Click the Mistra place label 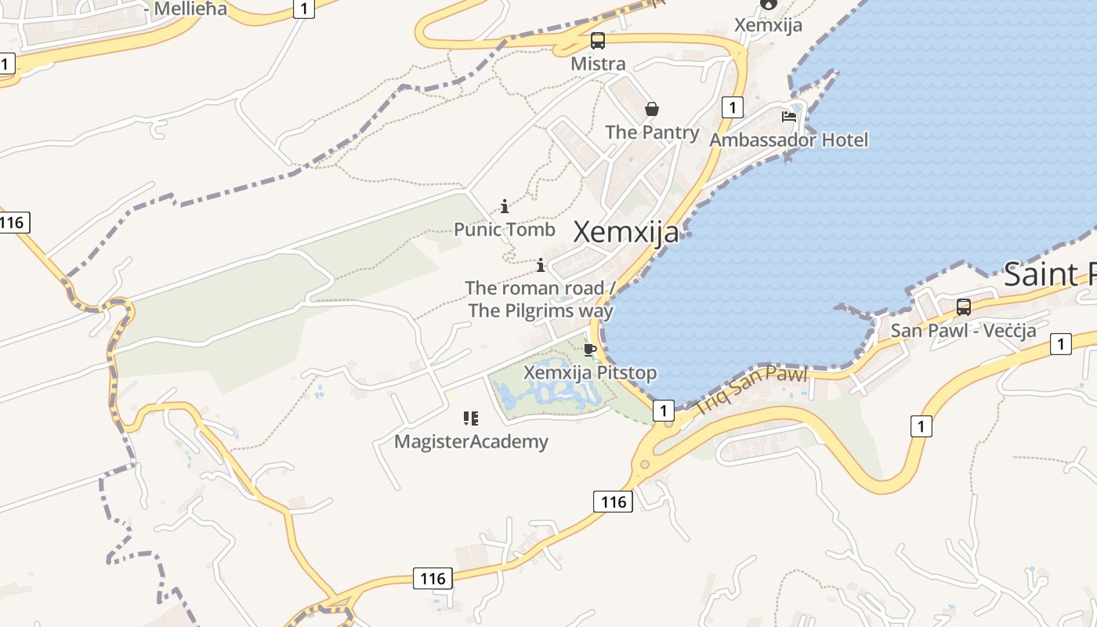[598, 63]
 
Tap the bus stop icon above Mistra [598, 41]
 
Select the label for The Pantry [652, 132]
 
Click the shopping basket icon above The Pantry [651, 109]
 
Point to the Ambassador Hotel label [789, 140]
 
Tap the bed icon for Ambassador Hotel [789, 117]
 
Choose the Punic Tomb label [505, 230]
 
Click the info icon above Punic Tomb [505, 207]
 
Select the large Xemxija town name [626, 232]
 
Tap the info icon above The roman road [541, 265]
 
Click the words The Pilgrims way [541, 310]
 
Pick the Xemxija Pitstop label [590, 372]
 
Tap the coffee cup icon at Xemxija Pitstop [590, 350]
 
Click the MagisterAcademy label [471, 442]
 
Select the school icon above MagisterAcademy [470, 419]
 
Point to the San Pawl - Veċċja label [963, 330]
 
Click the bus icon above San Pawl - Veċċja [964, 307]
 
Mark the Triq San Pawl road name [751, 391]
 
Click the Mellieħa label [190, 9]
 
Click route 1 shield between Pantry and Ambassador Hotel [732, 107]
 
